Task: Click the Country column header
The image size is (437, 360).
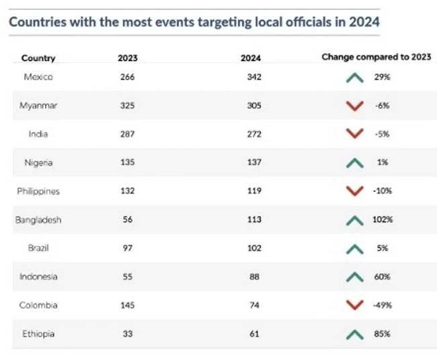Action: coord(38,58)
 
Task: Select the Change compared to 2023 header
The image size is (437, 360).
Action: coord(376,57)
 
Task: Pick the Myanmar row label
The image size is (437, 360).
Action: coord(38,105)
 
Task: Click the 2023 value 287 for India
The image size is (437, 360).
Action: coord(126,134)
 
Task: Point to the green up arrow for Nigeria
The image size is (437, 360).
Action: coord(350,163)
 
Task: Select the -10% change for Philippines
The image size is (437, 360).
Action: coord(381,191)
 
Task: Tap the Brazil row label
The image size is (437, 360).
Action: coord(38,248)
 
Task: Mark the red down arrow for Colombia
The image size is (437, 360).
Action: coord(350,305)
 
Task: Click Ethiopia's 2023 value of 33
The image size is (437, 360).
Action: coord(126,333)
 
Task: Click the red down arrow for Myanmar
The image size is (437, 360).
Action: coord(350,106)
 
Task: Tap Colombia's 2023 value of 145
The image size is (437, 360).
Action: coord(126,305)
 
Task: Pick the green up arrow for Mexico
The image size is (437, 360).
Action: coord(350,77)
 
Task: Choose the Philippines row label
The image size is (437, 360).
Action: coord(38,191)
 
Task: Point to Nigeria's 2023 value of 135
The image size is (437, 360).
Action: coord(126,162)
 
